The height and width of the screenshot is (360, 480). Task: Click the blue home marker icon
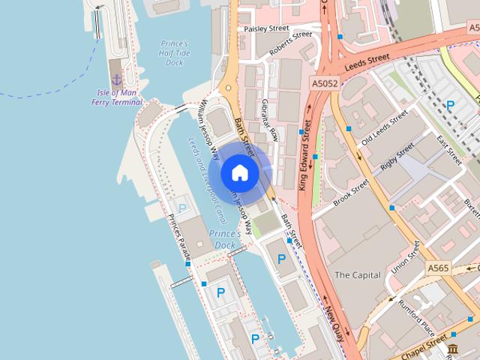[x=239, y=172]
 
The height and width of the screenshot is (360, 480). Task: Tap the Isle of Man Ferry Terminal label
[x=116, y=97]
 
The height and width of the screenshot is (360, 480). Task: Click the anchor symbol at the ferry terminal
[x=116, y=79]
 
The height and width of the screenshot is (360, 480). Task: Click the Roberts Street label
[x=290, y=45]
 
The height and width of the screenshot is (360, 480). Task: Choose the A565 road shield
[x=438, y=268]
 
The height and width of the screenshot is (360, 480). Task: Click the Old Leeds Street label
[x=384, y=129]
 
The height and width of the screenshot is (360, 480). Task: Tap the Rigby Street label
[x=397, y=159]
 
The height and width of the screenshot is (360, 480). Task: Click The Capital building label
[x=357, y=275]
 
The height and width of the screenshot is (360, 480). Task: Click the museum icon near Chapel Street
[x=453, y=349]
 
